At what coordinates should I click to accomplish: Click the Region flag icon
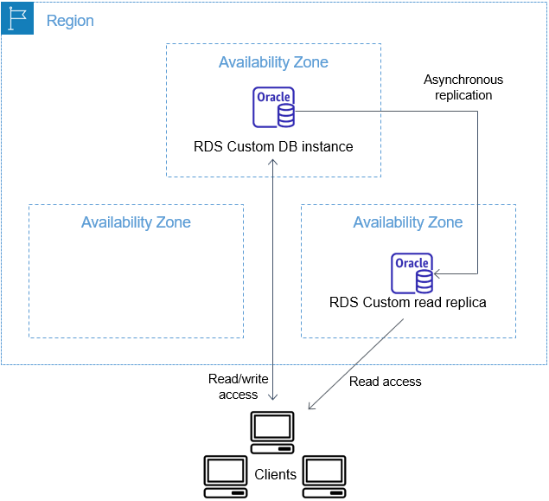pyautogui.click(x=17, y=18)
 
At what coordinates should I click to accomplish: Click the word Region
pyautogui.click(x=70, y=21)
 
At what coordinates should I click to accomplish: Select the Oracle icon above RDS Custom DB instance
pyautogui.click(x=274, y=107)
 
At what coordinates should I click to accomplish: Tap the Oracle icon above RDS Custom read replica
pyautogui.click(x=412, y=273)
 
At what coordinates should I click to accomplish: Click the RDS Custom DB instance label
pyautogui.click(x=273, y=146)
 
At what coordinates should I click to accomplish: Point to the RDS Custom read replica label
pyautogui.click(x=408, y=303)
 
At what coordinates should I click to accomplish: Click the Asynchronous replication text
pyautogui.click(x=463, y=87)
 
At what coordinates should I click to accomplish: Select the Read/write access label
pyautogui.click(x=238, y=387)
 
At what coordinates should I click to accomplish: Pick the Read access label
pyautogui.click(x=386, y=381)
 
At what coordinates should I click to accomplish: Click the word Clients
pyautogui.click(x=275, y=474)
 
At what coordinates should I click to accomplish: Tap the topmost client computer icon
pyautogui.click(x=272, y=431)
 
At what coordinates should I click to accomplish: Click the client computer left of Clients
pyautogui.click(x=225, y=476)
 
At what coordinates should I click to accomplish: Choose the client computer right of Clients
pyautogui.click(x=325, y=476)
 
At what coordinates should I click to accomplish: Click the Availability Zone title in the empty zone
pyautogui.click(x=136, y=222)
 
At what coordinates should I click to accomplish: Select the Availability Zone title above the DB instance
pyautogui.click(x=273, y=62)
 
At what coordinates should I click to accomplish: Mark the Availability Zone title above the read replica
pyautogui.click(x=408, y=222)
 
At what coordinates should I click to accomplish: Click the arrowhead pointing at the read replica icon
pyautogui.click(x=437, y=274)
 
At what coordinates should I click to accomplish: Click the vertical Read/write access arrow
pyautogui.click(x=274, y=277)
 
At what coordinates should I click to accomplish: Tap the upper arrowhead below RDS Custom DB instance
pyautogui.click(x=274, y=164)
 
